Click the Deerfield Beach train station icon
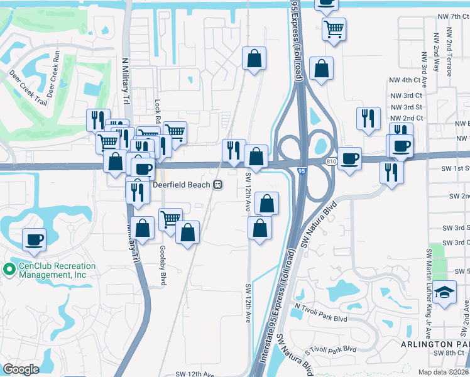point(217,185)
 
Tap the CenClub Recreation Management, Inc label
point(57,270)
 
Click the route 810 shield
point(332,161)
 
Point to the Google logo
point(21,369)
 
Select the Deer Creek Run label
point(52,70)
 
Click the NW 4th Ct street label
point(404,80)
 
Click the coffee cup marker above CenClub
point(35,239)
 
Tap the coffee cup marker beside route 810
point(349,158)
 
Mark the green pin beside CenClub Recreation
point(9,270)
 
